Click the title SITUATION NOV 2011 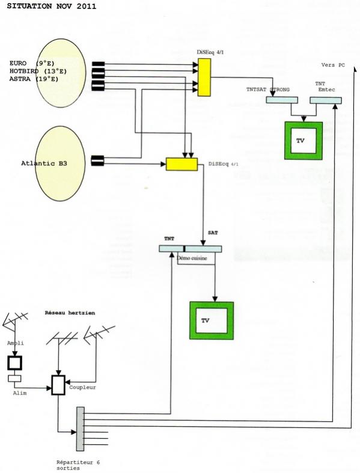pos(52,7)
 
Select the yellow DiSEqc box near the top pos(204,77)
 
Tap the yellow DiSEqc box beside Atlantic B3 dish pos(182,164)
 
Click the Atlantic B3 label pos(44,163)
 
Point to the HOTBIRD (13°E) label pos(38,71)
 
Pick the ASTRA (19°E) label pos(34,79)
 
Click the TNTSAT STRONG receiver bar pos(282,100)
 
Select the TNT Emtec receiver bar pos(326,100)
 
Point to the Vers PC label pos(333,65)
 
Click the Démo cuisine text pos(192,258)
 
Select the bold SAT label pos(213,233)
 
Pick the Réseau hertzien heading pos(70,313)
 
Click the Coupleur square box pos(58,385)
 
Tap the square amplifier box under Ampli pos(15,363)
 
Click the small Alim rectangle pos(14,378)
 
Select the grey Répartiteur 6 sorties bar pos(81,429)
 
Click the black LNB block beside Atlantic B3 pos(97,160)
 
